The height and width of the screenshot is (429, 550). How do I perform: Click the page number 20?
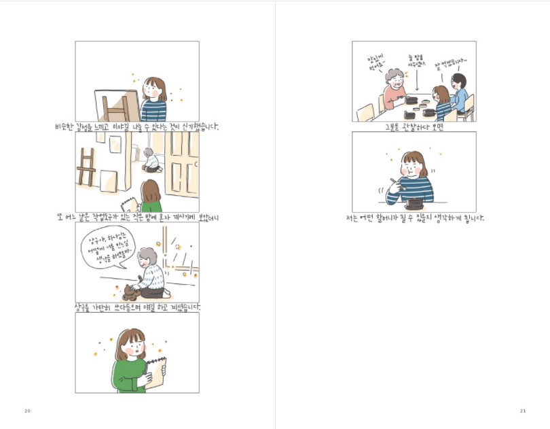[27, 411]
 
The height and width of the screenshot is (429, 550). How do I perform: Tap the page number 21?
[523, 411]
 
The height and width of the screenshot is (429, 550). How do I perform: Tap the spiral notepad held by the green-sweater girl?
[155, 371]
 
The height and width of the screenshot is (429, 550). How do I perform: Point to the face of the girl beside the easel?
[155, 90]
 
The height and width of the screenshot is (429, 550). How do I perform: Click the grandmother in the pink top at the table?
[394, 89]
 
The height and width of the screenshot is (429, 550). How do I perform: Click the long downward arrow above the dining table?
[416, 81]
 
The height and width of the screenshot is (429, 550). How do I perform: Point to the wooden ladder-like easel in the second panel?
[86, 167]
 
